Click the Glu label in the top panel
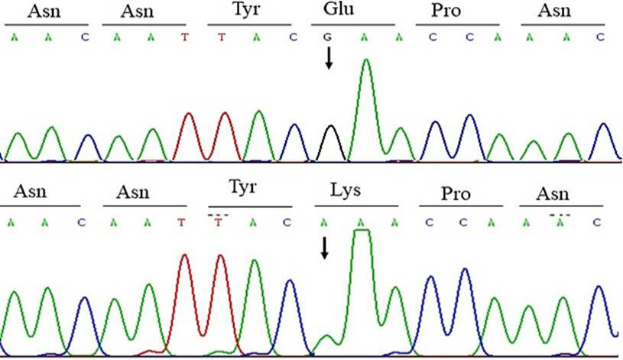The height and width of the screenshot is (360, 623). click(338, 8)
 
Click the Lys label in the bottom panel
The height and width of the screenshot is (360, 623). click(346, 191)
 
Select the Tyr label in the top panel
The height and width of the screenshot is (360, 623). click(245, 9)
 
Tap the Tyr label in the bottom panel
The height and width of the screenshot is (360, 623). click(242, 187)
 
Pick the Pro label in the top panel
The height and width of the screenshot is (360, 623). click(446, 11)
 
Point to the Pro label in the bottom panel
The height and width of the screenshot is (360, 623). click(456, 193)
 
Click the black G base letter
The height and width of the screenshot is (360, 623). click(327, 37)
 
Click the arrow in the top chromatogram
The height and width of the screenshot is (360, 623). click(329, 58)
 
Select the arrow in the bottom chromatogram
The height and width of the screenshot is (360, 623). click(325, 248)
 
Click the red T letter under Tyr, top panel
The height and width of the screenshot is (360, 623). click(222, 37)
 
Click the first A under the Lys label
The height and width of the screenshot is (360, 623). click(324, 223)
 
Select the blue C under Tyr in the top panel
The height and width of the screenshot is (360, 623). click(294, 37)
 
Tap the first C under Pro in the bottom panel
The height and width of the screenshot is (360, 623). click(429, 223)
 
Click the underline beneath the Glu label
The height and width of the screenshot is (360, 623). click(353, 25)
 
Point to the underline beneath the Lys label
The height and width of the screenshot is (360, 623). click(356, 206)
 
